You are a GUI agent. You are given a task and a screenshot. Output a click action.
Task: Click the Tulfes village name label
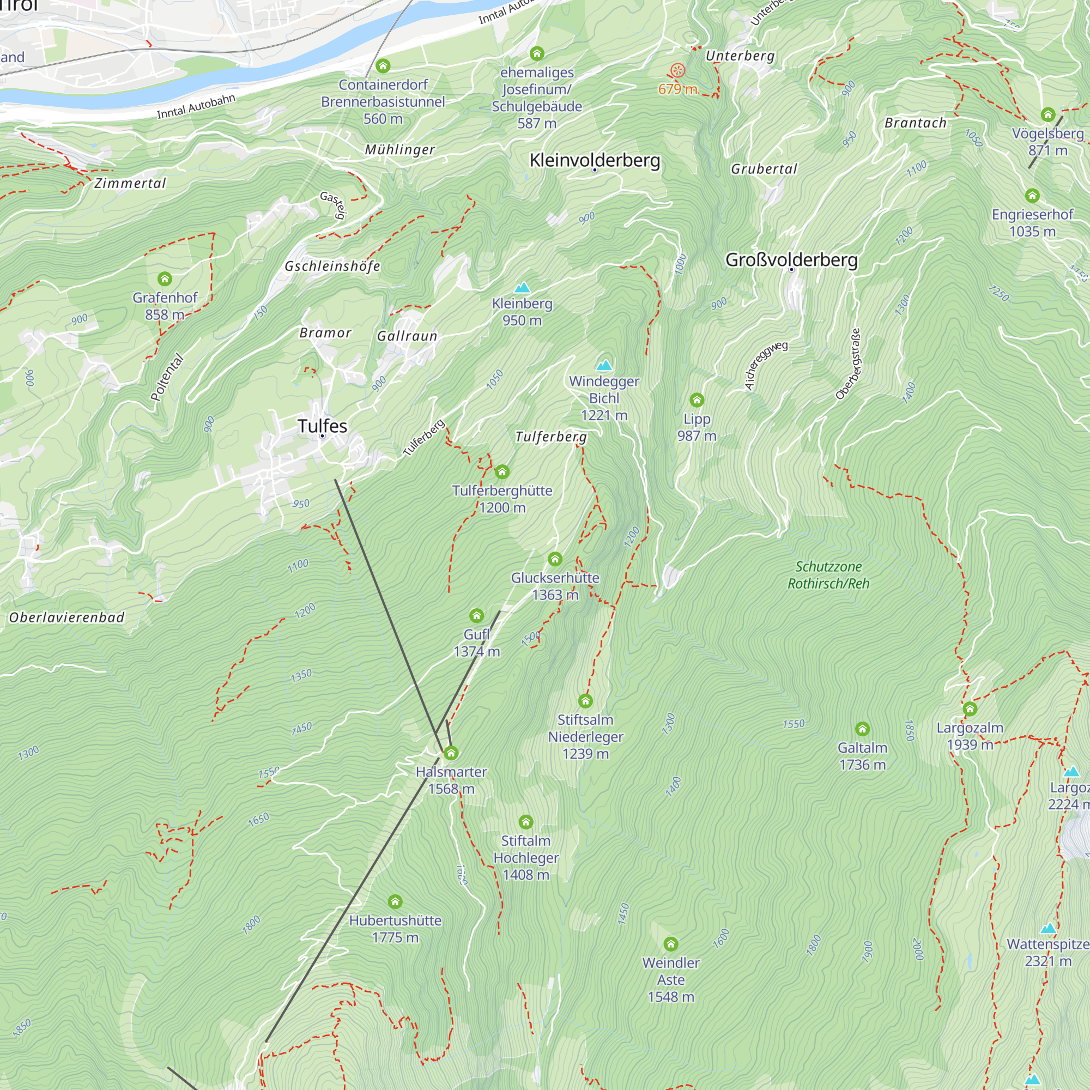[x=322, y=426]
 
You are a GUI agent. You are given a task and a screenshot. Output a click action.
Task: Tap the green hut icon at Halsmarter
[x=451, y=753]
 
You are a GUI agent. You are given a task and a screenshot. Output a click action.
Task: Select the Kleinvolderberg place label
[x=595, y=160]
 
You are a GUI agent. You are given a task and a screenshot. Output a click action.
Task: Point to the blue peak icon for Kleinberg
[x=523, y=288]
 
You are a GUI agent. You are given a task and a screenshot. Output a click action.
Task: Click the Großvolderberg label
[x=791, y=260]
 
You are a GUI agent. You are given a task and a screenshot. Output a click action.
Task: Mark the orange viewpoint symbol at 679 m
[x=677, y=71]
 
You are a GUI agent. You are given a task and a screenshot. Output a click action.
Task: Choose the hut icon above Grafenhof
[x=165, y=278]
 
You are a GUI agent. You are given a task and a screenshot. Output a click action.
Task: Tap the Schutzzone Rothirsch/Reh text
[x=828, y=575]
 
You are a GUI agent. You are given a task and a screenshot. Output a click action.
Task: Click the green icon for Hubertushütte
[x=395, y=901]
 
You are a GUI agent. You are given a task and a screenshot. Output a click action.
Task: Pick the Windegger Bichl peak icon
[x=604, y=365]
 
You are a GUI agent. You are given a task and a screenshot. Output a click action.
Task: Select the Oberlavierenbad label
[x=66, y=617]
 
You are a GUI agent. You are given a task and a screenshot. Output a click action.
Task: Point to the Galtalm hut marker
[x=862, y=729]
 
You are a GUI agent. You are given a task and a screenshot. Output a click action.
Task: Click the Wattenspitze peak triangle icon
[x=1048, y=928]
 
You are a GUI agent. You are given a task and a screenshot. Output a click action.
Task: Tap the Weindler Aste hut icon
[x=670, y=944]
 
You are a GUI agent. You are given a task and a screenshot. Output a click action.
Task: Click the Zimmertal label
[x=130, y=183]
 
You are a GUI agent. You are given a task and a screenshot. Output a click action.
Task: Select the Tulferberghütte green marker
[x=502, y=471]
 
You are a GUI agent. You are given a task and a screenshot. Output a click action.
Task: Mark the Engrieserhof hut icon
[x=1032, y=196]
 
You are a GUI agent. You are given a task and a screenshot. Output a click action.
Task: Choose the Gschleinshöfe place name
[x=332, y=267]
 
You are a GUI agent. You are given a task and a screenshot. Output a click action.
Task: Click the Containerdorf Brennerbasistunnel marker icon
[x=383, y=66]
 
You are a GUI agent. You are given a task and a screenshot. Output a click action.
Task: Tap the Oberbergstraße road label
[x=848, y=364]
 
